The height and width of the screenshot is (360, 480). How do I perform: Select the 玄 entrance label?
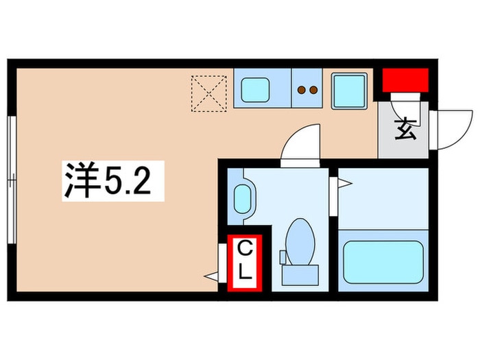click(405, 129)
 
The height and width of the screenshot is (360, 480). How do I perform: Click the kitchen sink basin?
click(254, 89)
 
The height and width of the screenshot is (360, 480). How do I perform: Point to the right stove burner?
click(313, 89)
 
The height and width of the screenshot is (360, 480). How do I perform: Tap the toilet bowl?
click(300, 240)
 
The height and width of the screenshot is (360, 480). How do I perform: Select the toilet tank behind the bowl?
click(300, 273)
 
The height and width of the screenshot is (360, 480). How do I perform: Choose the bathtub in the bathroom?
click(383, 261)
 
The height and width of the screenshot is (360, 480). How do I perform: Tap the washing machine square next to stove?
click(350, 89)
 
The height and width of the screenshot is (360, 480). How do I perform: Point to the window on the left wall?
click(12, 178)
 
